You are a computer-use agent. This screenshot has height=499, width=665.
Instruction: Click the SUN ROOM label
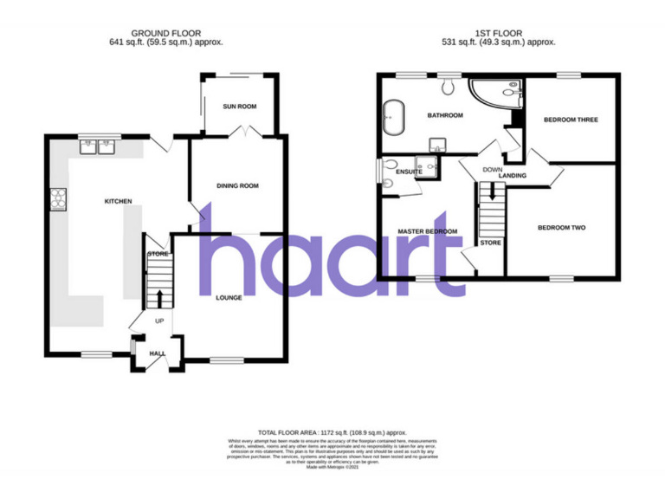point(240,107)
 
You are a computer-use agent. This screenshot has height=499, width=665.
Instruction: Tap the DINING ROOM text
point(237,185)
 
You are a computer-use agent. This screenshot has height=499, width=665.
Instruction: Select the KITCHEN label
point(118,201)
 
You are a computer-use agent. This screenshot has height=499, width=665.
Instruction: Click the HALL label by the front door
point(158,353)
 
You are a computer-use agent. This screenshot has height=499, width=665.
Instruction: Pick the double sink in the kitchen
point(98,146)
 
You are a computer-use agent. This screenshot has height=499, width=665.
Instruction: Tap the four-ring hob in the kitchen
point(59,199)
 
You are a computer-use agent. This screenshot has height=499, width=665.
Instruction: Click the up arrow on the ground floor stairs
point(159,299)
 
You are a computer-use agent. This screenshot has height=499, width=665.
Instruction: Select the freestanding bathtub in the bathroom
point(394,113)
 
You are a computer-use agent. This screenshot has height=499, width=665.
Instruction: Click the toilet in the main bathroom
point(448,85)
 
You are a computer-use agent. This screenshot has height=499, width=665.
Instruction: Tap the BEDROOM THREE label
point(571,120)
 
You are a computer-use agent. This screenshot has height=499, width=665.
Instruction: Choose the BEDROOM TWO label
point(561,228)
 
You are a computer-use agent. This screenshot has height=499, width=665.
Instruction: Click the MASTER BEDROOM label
point(427,232)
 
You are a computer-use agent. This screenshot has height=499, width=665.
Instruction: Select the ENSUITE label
point(408,172)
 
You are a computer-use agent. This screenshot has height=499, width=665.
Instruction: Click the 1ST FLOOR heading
point(498,33)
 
